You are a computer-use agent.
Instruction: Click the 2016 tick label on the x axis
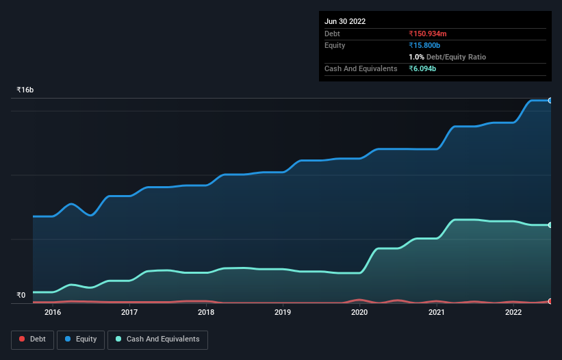(x=53, y=313)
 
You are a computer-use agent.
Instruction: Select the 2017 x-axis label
(x=129, y=313)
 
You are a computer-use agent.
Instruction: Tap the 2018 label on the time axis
(x=206, y=313)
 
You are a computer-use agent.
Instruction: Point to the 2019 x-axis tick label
(x=283, y=313)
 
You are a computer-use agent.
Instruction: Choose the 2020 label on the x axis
(x=359, y=313)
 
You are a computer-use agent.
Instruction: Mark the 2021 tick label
(x=437, y=313)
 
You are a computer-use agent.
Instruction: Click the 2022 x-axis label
(x=513, y=313)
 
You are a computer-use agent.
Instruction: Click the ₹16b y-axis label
(x=25, y=90)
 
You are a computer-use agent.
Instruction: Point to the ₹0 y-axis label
(x=21, y=296)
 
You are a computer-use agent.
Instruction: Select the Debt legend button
(x=32, y=339)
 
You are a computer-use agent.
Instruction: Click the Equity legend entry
(x=81, y=339)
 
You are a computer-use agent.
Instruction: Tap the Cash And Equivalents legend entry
(x=157, y=339)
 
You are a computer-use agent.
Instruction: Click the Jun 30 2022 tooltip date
(x=345, y=21)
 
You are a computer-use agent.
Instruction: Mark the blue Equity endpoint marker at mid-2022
(x=550, y=101)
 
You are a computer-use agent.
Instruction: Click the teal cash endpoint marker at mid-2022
(x=550, y=224)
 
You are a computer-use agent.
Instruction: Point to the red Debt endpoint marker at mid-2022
(x=550, y=301)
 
